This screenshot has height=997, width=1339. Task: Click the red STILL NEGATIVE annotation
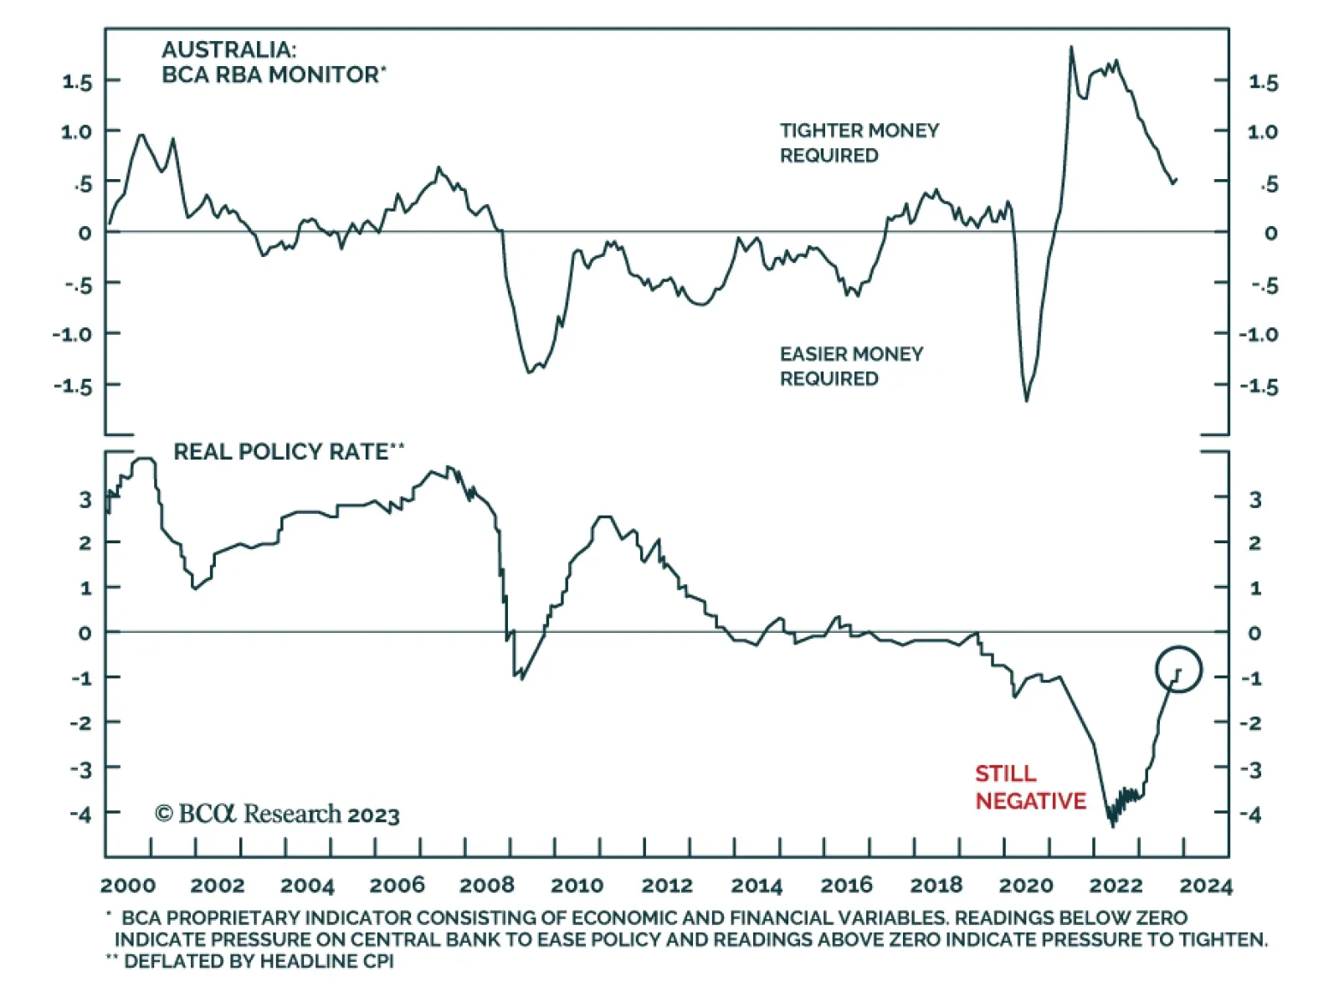pyautogui.click(x=1029, y=787)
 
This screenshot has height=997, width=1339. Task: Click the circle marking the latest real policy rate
pyautogui.click(x=1178, y=669)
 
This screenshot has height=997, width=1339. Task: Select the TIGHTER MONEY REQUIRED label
pyautogui.click(x=859, y=142)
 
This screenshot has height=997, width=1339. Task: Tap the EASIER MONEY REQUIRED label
pyautogui.click(x=851, y=366)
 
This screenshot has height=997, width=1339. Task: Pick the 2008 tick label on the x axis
pyautogui.click(x=487, y=886)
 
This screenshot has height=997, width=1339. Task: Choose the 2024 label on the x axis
pyautogui.click(x=1206, y=886)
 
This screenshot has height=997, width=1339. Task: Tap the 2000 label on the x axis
pyautogui.click(x=128, y=886)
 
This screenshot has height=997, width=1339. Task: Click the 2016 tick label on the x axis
pyautogui.click(x=846, y=886)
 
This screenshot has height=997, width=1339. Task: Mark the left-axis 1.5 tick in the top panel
pyautogui.click(x=77, y=82)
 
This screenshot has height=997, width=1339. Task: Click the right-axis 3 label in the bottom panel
pyautogui.click(x=1254, y=500)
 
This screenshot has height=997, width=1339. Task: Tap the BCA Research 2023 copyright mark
pyautogui.click(x=277, y=814)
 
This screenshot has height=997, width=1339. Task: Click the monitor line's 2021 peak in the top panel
pyautogui.click(x=1071, y=48)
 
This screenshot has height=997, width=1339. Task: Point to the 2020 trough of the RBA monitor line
pyautogui.click(x=1027, y=400)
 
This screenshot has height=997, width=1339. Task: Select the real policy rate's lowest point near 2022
pyautogui.click(x=1112, y=825)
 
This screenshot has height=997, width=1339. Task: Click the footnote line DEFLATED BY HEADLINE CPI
pyautogui.click(x=259, y=961)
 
